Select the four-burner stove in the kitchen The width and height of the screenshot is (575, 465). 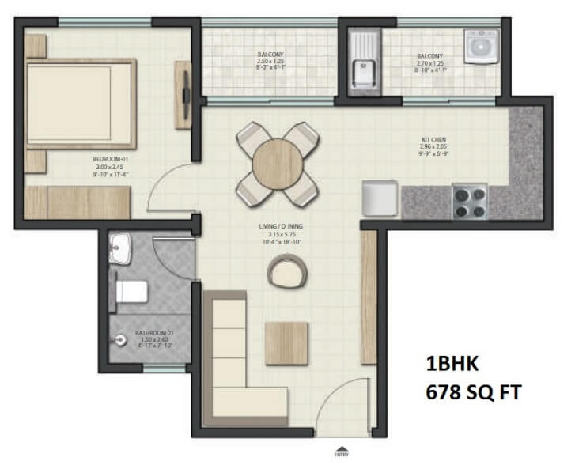pyautogui.click(x=468, y=201)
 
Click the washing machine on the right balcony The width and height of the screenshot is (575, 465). pyautogui.click(x=479, y=47)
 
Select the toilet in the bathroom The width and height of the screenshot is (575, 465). pyautogui.click(x=131, y=292)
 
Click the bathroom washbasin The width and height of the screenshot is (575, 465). pyautogui.click(x=120, y=248)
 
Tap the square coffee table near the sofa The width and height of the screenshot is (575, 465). pyautogui.click(x=285, y=342)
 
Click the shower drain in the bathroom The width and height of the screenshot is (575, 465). pyautogui.click(x=120, y=340)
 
